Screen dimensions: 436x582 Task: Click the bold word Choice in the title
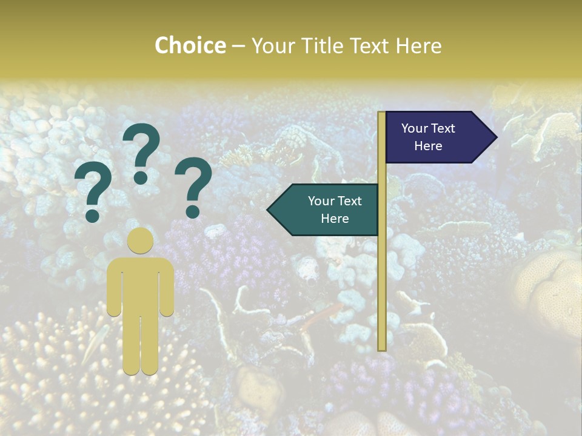190,46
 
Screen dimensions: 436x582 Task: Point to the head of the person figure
140,240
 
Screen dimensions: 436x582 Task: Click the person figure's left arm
114,291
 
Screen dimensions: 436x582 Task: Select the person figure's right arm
167,291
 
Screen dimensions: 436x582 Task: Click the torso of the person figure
140,285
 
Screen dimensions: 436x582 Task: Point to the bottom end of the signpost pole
382,348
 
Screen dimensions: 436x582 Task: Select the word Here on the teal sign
335,219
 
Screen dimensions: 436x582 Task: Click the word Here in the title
418,46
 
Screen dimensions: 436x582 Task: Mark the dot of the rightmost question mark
193,211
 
